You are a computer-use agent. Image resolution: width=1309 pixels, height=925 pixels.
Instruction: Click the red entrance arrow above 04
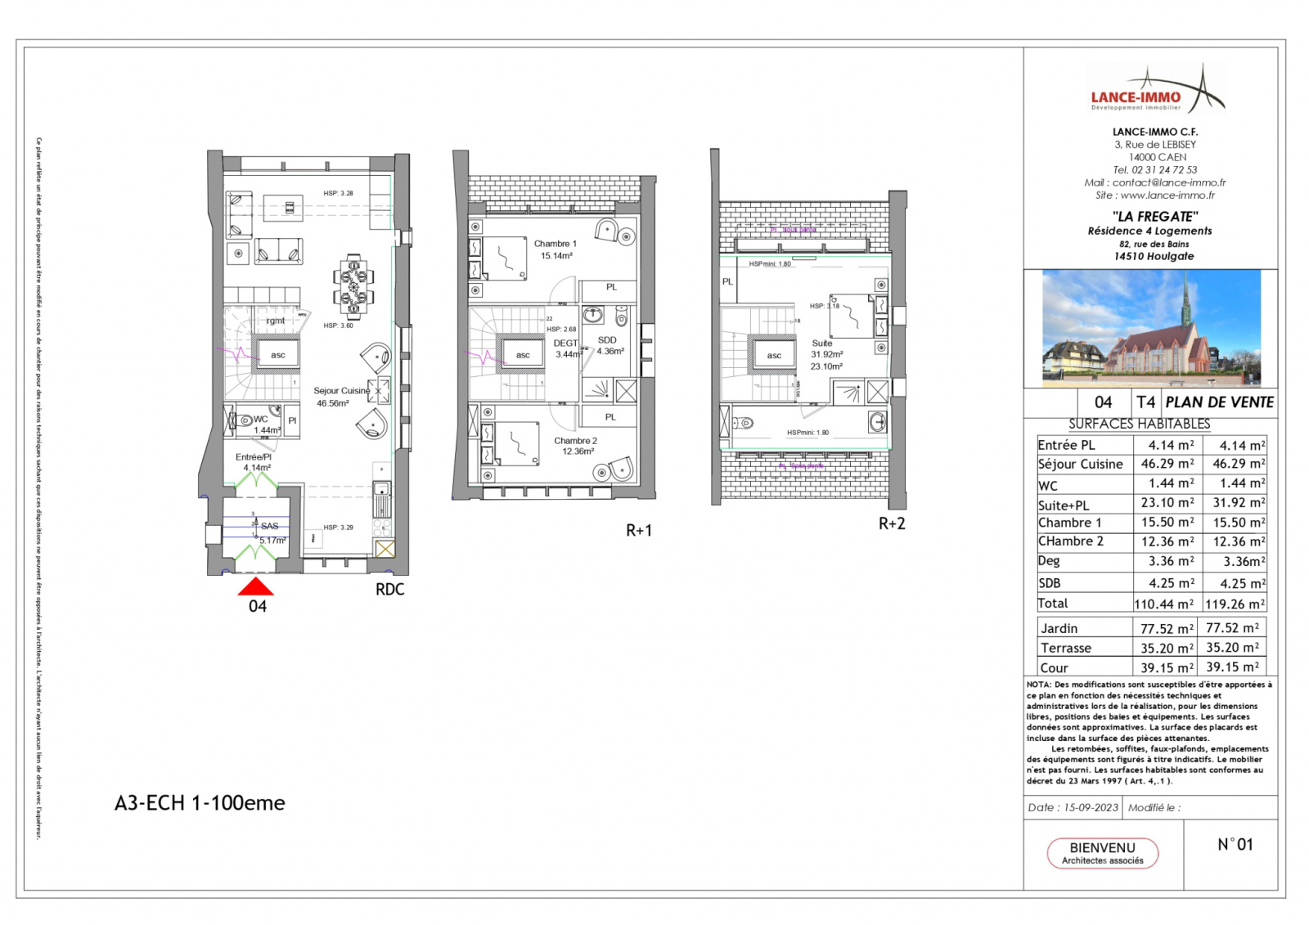pos(255,586)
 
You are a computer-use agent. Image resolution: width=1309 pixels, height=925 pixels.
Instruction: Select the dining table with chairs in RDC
pos(353,286)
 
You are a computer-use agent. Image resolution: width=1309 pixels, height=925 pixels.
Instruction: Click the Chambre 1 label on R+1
pos(556,249)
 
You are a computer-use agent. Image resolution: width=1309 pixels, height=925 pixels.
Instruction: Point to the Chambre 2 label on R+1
pos(576,446)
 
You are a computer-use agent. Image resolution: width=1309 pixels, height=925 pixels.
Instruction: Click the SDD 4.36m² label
pos(608,345)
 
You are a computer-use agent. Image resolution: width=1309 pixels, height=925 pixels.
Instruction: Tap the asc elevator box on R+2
pos(774,355)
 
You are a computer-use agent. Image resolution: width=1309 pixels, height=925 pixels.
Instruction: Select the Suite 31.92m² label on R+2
pos(826,354)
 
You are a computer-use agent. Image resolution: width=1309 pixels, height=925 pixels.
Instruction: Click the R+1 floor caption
pos(639,530)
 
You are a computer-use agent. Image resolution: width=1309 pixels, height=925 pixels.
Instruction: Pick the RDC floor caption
pos(389,589)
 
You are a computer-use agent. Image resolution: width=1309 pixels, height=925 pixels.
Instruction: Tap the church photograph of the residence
pos(1151,327)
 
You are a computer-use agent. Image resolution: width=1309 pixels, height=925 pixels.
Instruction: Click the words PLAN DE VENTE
pos(1219,402)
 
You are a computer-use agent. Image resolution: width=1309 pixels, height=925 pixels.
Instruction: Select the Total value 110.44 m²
pos(1163,604)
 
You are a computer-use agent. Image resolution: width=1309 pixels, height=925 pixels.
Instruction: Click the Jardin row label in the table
pos(1059,628)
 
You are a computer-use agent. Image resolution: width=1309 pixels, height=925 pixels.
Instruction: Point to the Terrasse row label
pos(1065,648)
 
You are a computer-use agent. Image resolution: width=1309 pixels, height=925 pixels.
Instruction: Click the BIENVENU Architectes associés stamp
pos(1102,852)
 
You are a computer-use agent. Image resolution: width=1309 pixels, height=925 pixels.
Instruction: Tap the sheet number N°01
pos(1235,844)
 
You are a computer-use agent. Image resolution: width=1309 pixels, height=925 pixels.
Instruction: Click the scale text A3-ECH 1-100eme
pos(200,802)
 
